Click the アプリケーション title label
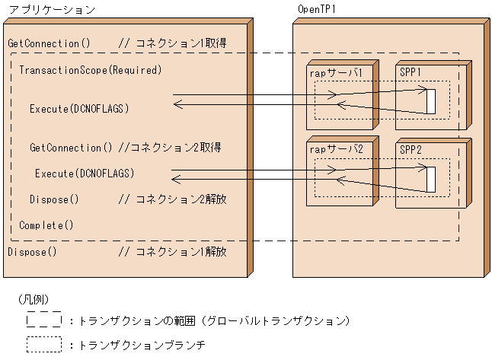[51, 10]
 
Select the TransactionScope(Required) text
[91, 70]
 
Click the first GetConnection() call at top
[49, 43]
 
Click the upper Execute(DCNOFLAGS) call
[79, 109]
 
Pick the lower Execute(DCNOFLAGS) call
[85, 174]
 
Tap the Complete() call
[46, 225]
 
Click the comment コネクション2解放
[172, 199]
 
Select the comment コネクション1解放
[172, 251]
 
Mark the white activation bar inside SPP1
[430, 101]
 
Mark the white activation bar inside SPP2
[430, 180]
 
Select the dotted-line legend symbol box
[44, 344]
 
